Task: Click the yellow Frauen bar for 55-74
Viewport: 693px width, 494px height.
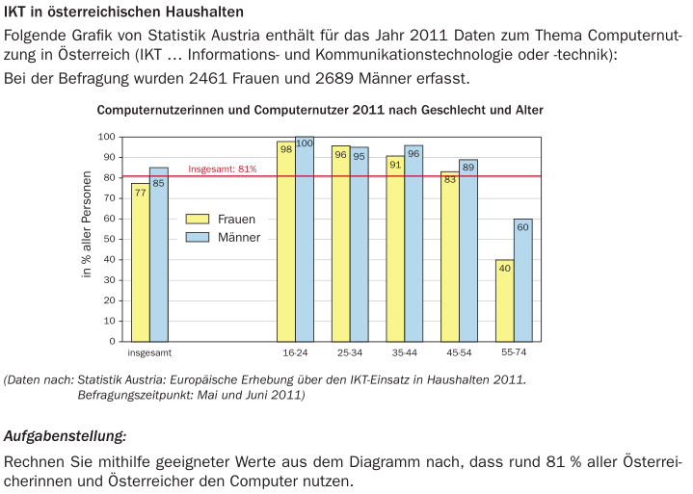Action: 504,300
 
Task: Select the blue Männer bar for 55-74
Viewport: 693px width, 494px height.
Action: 522,280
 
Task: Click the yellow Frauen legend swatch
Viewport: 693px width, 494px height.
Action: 198,219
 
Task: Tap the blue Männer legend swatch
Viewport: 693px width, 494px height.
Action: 198,237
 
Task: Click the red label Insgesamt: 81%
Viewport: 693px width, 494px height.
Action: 223,169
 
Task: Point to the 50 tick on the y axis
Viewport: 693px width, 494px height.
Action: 109,239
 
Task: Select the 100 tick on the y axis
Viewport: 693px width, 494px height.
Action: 106,137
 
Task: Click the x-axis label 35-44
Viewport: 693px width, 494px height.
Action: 404,353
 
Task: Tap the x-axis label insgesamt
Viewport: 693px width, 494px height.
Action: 149,353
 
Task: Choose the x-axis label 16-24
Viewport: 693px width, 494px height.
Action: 295,353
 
